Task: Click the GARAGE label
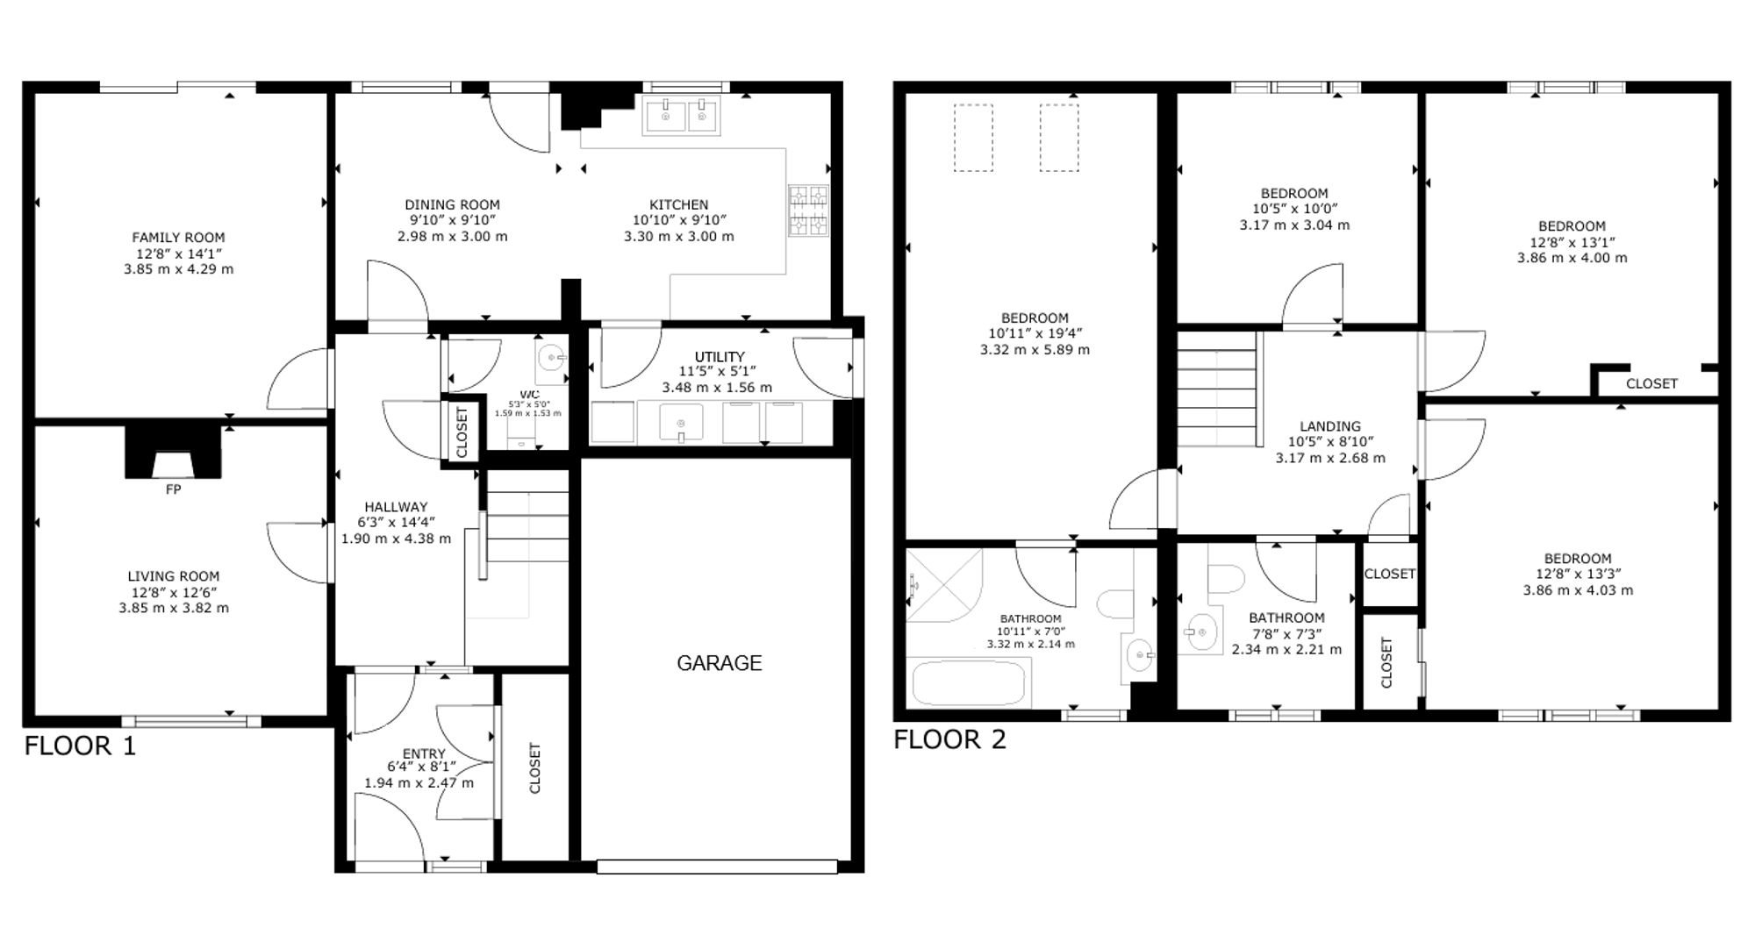click(719, 663)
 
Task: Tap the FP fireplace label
click(173, 489)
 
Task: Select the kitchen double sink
click(681, 116)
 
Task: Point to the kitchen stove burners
click(808, 211)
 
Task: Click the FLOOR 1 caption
click(80, 746)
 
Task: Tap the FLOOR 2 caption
click(949, 739)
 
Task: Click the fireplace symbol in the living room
click(173, 452)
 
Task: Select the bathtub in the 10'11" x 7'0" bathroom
click(969, 683)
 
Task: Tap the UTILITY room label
click(720, 357)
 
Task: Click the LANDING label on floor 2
click(1330, 426)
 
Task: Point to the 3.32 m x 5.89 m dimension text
click(1035, 350)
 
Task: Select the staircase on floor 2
click(1218, 389)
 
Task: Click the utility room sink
click(681, 423)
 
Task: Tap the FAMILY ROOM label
click(178, 238)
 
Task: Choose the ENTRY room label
click(424, 753)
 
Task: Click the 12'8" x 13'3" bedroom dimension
click(1578, 575)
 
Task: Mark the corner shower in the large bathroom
click(944, 585)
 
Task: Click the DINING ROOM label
click(452, 204)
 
